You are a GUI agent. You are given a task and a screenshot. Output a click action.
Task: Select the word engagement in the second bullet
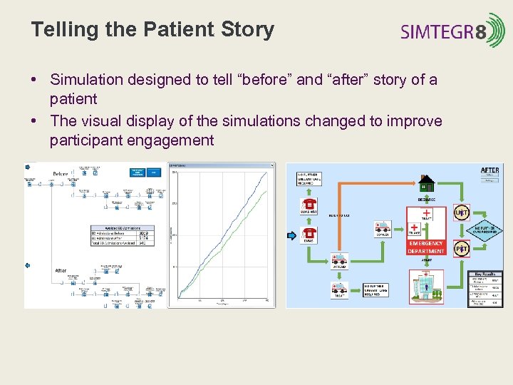pyautogui.click(x=170, y=140)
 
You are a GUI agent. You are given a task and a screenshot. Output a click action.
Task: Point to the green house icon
pyautogui.click(x=427, y=183)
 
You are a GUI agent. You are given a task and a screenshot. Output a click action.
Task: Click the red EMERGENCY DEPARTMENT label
pyautogui.click(x=426, y=247)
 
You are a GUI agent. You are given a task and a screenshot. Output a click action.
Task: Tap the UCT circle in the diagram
pyautogui.click(x=462, y=212)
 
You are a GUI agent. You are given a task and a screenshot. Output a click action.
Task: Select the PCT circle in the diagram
pyautogui.click(x=462, y=249)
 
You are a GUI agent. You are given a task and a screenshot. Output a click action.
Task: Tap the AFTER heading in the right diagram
pyautogui.click(x=490, y=170)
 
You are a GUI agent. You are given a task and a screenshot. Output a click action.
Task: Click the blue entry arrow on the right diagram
pyautogui.click(x=290, y=235)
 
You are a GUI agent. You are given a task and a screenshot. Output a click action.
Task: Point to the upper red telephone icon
pyautogui.click(x=310, y=205)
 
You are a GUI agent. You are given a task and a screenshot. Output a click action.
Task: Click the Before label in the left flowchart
pyautogui.click(x=61, y=174)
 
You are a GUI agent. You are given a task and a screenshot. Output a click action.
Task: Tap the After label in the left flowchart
pyautogui.click(x=61, y=270)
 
